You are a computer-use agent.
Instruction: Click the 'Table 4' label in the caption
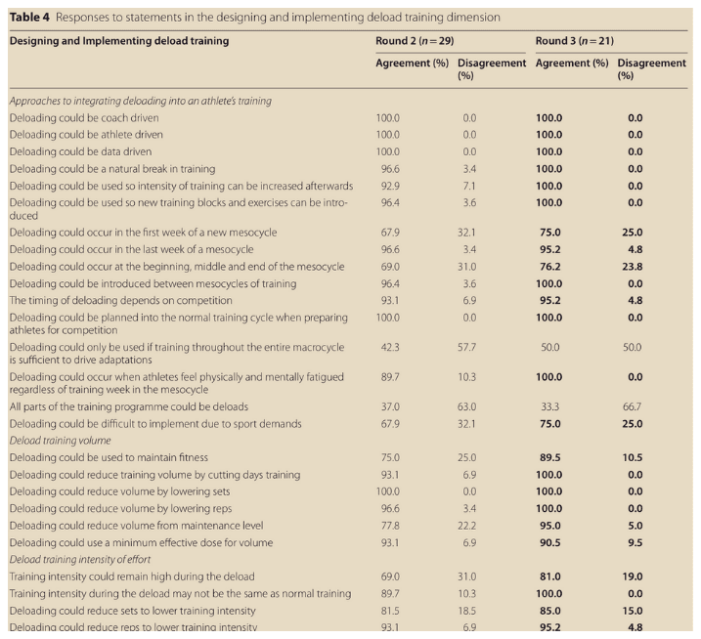pyautogui.click(x=29, y=18)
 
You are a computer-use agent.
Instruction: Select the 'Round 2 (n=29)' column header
pyautogui.click(x=415, y=41)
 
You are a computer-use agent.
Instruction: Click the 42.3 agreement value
pyautogui.click(x=388, y=348)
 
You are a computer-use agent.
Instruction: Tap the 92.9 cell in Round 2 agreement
pyautogui.click(x=388, y=186)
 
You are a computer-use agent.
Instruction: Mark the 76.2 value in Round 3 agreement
pyautogui.click(x=549, y=267)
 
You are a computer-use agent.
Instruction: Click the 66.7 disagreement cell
pyautogui.click(x=635, y=406)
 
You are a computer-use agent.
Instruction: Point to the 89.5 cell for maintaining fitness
pyautogui.click(x=549, y=457)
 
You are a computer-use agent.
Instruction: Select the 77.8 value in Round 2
pyautogui.click(x=388, y=526)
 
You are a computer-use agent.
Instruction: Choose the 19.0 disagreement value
pyautogui.click(x=635, y=576)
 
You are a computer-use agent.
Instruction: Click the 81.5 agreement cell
pyautogui.click(x=388, y=611)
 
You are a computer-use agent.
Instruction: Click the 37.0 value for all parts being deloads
pyautogui.click(x=388, y=406)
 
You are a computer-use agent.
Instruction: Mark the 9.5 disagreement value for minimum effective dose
pyautogui.click(x=635, y=542)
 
